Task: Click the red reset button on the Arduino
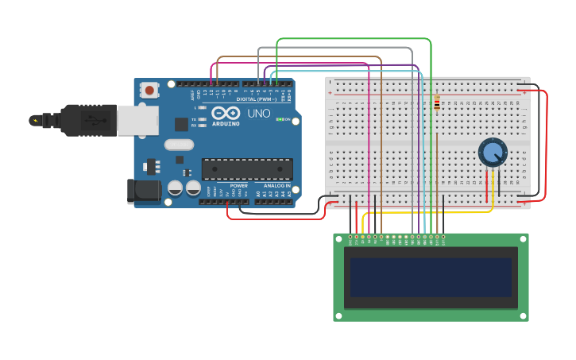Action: coord(149,91)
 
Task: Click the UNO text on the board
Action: coord(259,114)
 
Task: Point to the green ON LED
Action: coord(280,119)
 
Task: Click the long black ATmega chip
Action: coord(246,168)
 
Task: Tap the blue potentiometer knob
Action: coord(493,152)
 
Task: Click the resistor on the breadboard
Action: coord(437,103)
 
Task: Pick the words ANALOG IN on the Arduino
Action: coord(276,185)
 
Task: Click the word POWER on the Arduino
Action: coord(238,185)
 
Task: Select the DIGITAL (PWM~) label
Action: coord(256,99)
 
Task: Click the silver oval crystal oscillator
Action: coord(180,145)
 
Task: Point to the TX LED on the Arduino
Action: coord(202,119)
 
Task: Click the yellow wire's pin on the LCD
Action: coord(363,237)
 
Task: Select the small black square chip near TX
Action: coord(182,124)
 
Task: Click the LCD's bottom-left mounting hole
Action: coord(338,315)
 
